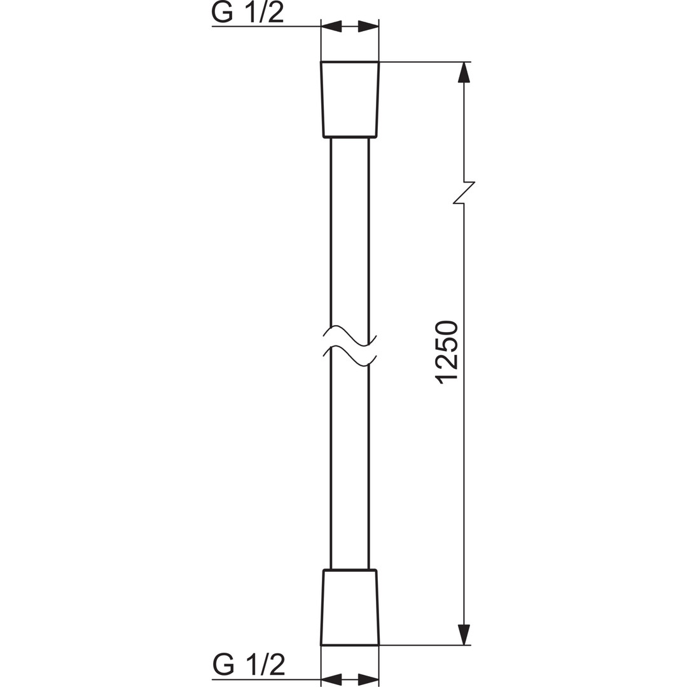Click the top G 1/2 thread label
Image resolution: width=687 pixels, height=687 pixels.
tap(247, 13)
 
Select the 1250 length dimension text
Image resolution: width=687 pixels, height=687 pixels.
tap(447, 353)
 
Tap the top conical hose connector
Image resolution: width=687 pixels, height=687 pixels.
tap(350, 99)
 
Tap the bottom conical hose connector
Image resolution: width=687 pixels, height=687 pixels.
tap(350, 607)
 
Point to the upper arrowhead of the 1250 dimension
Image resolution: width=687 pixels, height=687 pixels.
tap(464, 73)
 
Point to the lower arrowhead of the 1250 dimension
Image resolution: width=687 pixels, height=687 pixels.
tap(464, 634)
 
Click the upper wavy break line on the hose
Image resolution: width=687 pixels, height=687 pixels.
tap(350, 335)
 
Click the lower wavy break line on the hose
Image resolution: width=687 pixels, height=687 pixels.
tap(350, 354)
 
